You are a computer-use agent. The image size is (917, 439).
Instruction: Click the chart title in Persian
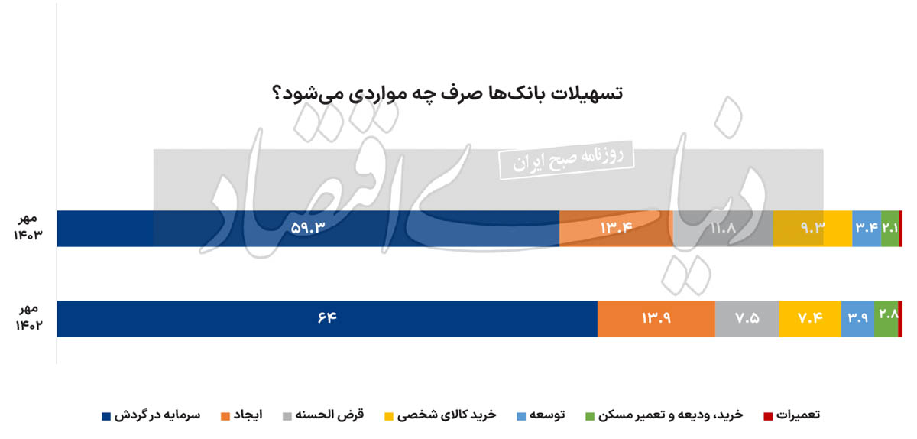(447, 94)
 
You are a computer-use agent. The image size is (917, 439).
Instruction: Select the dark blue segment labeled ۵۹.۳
(308, 229)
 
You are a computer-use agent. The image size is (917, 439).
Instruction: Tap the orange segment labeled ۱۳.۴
(616, 229)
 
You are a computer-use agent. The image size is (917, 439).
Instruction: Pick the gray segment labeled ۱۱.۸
(723, 229)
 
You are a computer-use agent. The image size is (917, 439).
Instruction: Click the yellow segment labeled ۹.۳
(812, 229)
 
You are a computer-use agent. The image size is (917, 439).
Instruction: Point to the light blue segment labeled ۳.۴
(867, 229)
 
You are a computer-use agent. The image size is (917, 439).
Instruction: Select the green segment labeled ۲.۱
(890, 229)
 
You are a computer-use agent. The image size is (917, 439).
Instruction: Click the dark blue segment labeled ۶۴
(327, 319)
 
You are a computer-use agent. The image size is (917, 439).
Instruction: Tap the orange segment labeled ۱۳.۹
(656, 319)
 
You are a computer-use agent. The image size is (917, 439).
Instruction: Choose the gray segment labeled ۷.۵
(747, 319)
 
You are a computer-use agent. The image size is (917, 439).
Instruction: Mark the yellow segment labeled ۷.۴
(810, 319)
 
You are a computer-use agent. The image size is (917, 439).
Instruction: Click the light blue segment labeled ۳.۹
(857, 319)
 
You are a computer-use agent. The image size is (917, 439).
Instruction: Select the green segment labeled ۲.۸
(886, 319)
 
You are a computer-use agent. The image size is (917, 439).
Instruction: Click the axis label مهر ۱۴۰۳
(28, 227)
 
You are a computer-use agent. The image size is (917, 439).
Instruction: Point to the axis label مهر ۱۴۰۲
(29, 317)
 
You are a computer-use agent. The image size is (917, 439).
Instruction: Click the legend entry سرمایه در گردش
(151, 415)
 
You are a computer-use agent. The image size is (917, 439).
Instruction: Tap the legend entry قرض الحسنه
(323, 415)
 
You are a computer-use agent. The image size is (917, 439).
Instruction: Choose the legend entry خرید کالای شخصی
(440, 415)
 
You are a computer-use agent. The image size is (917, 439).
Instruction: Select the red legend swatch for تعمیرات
(768, 417)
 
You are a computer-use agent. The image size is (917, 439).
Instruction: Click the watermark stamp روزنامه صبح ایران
(566, 161)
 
